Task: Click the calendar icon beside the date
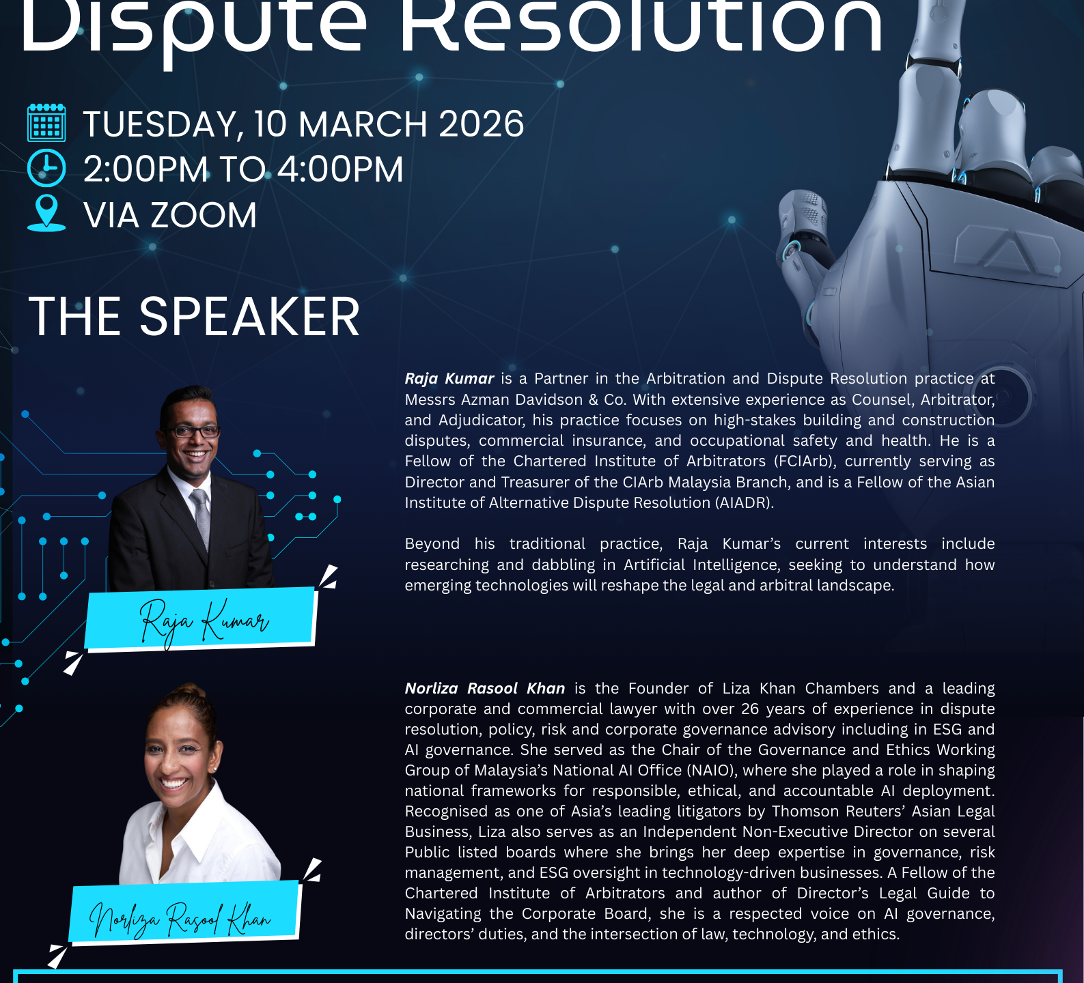pyautogui.click(x=46, y=123)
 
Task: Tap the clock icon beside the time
pyautogui.click(x=46, y=168)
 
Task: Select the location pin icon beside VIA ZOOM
pyautogui.click(x=46, y=213)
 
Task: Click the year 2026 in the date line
pyautogui.click(x=481, y=124)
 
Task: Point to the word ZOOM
pyautogui.click(x=204, y=216)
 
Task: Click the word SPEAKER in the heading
pyautogui.click(x=249, y=317)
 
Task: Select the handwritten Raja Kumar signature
pyautogui.click(x=204, y=621)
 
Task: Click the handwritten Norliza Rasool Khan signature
pyautogui.click(x=180, y=919)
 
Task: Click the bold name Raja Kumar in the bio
pyautogui.click(x=449, y=379)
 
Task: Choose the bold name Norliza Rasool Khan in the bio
pyautogui.click(x=485, y=688)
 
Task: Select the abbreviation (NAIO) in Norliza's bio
pyautogui.click(x=712, y=771)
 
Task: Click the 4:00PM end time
pyautogui.click(x=340, y=169)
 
